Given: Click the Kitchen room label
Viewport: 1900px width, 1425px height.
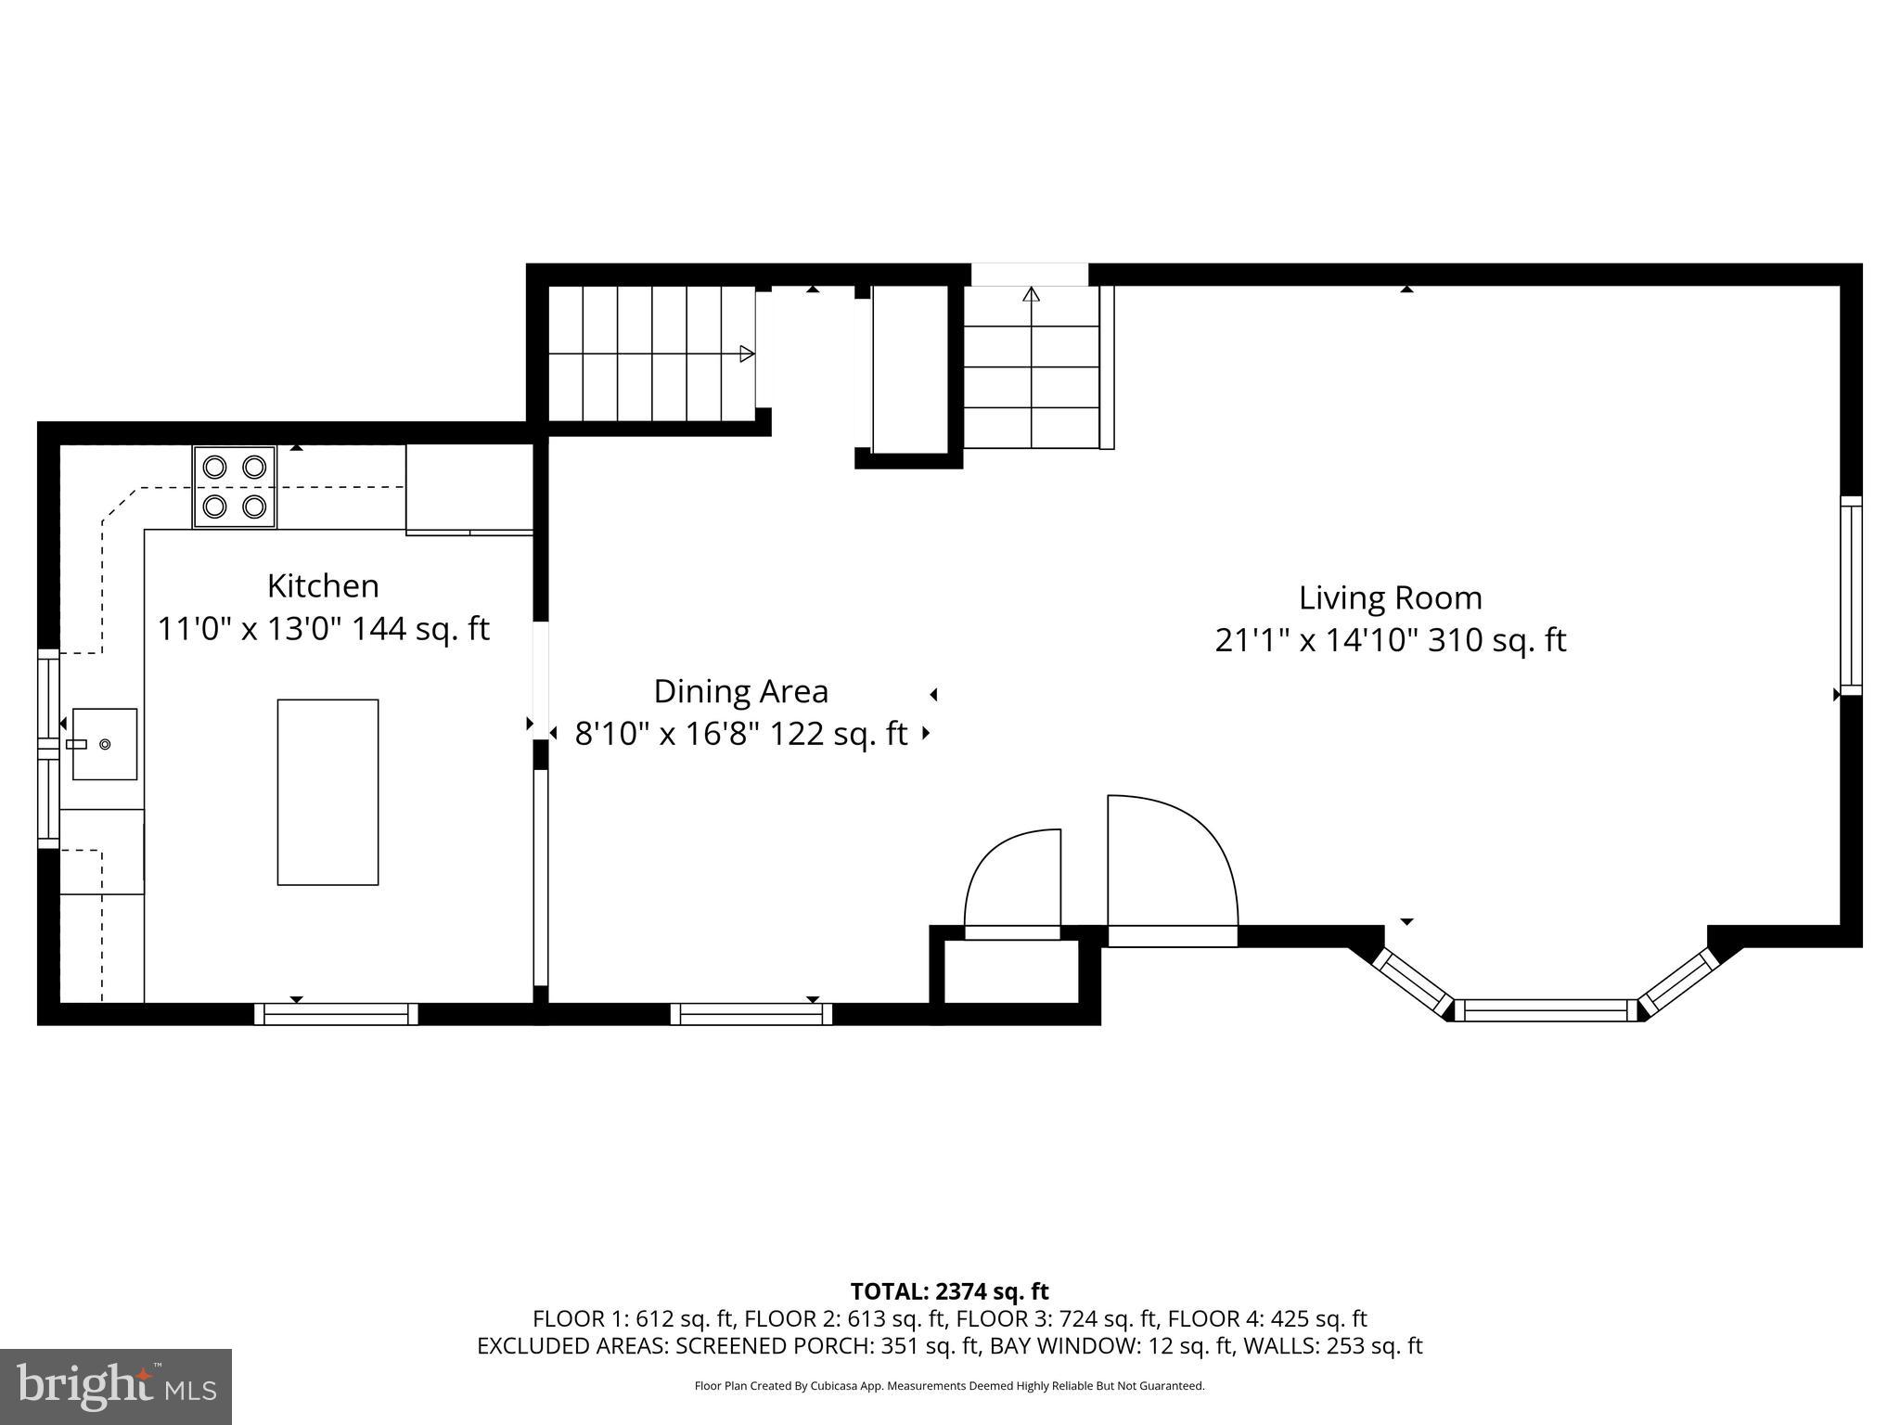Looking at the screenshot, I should tap(323, 586).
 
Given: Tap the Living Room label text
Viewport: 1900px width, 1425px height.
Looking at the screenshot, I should tap(1390, 598).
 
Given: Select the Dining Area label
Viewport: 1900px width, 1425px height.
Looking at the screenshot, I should tap(740, 692).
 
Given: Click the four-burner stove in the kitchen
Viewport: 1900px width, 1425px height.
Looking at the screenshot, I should tap(235, 487).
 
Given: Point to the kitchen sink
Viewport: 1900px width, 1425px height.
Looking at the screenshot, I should tap(105, 744).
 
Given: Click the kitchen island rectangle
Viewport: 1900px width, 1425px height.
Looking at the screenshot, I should tap(327, 792).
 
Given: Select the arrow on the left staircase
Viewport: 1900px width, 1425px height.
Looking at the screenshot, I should tap(746, 353).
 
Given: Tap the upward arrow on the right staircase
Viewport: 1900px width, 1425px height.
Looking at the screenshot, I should tap(1031, 295).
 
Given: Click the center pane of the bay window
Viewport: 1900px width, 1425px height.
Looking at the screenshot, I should tap(1546, 1010).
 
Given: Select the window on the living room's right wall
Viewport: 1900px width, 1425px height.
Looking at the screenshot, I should tap(1850, 596).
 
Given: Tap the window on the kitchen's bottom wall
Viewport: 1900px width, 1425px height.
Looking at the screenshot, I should tap(336, 1014).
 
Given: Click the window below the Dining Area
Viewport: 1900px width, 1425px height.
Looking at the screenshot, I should tap(751, 1014).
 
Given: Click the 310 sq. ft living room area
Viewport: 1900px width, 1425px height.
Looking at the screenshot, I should tap(1496, 641).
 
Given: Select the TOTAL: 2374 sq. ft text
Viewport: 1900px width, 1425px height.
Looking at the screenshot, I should tap(949, 1291).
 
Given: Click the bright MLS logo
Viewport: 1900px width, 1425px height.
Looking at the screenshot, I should tap(116, 1386).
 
